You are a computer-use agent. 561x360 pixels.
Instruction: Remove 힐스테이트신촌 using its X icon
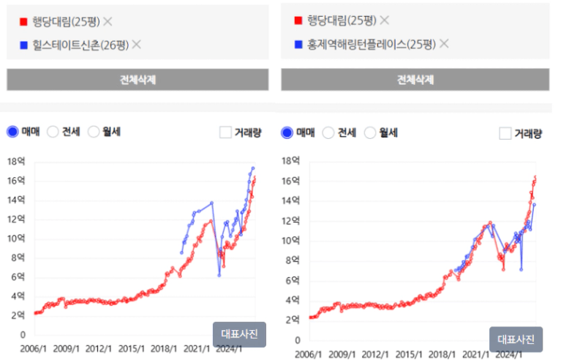[x=136, y=45]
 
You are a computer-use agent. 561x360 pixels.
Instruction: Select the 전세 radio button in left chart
[x=53, y=132]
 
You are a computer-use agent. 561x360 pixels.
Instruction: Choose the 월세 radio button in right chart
[x=371, y=132]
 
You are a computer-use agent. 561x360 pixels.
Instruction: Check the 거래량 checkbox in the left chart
[x=226, y=132]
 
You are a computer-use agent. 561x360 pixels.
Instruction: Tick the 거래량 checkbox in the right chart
[x=505, y=133]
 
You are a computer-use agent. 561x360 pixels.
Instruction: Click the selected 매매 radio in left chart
[x=12, y=132]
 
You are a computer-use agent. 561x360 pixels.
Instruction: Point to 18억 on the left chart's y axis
[x=16, y=160]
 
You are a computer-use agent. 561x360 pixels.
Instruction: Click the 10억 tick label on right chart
[x=291, y=241]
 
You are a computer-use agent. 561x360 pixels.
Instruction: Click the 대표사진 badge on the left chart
[x=240, y=334]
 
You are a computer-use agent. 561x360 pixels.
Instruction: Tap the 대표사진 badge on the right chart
[x=516, y=339]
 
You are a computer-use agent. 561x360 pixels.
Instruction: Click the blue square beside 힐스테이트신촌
[x=24, y=45]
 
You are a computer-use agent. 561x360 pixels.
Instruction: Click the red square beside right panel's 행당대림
[x=298, y=20]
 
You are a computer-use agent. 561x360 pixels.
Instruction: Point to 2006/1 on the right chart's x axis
[x=309, y=354]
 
